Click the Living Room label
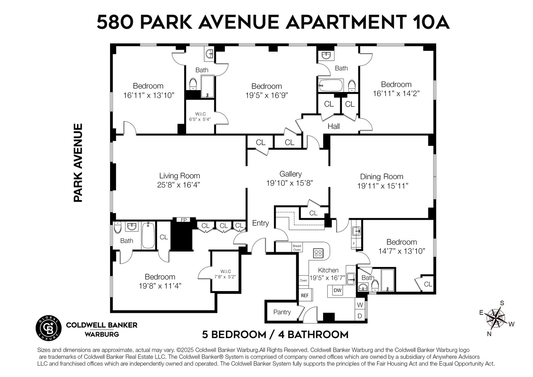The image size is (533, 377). (179, 176)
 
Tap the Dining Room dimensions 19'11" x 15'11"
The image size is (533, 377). (382, 186)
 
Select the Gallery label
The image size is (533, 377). (290, 174)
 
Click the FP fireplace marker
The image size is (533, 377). (184, 220)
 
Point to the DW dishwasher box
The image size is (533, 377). (338, 291)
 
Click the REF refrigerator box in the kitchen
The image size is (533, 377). (305, 295)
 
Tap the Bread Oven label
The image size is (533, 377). (297, 248)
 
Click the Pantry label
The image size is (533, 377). (282, 312)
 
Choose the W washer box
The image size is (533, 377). (360, 305)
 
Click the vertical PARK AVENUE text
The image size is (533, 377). (78, 162)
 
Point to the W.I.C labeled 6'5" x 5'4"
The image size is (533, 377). (200, 116)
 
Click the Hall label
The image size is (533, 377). (333, 126)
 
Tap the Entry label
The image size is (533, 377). (260, 223)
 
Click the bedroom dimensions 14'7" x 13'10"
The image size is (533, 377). (402, 251)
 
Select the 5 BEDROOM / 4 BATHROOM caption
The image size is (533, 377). (275, 334)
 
